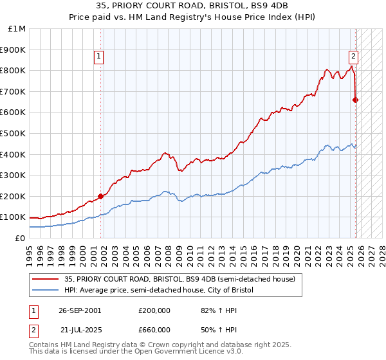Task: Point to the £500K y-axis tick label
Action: point(13,133)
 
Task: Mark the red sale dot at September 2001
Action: point(100,196)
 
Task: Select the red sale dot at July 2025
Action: point(355,100)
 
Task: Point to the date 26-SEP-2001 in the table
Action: point(80,310)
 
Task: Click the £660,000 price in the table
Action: point(154,329)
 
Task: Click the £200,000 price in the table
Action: point(154,310)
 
